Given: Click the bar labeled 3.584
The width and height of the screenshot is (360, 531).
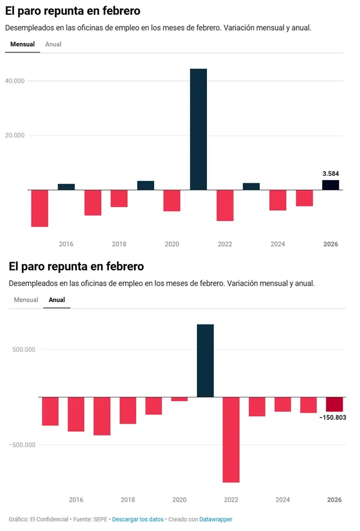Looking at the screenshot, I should click(330, 185).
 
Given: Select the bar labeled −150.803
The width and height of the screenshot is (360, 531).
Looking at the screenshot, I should click(334, 404).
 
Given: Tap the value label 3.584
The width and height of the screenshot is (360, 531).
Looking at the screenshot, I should click(330, 173).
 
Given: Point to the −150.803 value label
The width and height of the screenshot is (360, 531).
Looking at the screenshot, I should click(333, 418).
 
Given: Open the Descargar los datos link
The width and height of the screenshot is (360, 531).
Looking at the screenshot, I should click(138, 519).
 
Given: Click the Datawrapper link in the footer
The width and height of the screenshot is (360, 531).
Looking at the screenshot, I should click(215, 519).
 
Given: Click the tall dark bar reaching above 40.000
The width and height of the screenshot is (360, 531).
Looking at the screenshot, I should click(198, 129).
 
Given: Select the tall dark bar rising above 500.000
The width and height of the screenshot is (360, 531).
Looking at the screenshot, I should click(205, 361).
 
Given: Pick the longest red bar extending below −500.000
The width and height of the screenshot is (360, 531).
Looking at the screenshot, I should click(231, 440).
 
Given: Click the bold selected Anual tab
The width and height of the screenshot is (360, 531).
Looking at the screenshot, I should click(57, 300).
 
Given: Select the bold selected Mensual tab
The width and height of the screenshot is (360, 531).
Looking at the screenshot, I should click(23, 44).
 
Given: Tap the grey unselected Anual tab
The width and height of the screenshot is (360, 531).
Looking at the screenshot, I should click(53, 44).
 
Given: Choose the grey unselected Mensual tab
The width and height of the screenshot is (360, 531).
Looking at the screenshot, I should click(26, 300).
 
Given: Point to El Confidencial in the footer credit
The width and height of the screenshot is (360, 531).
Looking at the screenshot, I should click(50, 519).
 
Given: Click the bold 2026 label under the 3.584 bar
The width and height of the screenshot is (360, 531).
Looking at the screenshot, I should click(330, 244).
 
